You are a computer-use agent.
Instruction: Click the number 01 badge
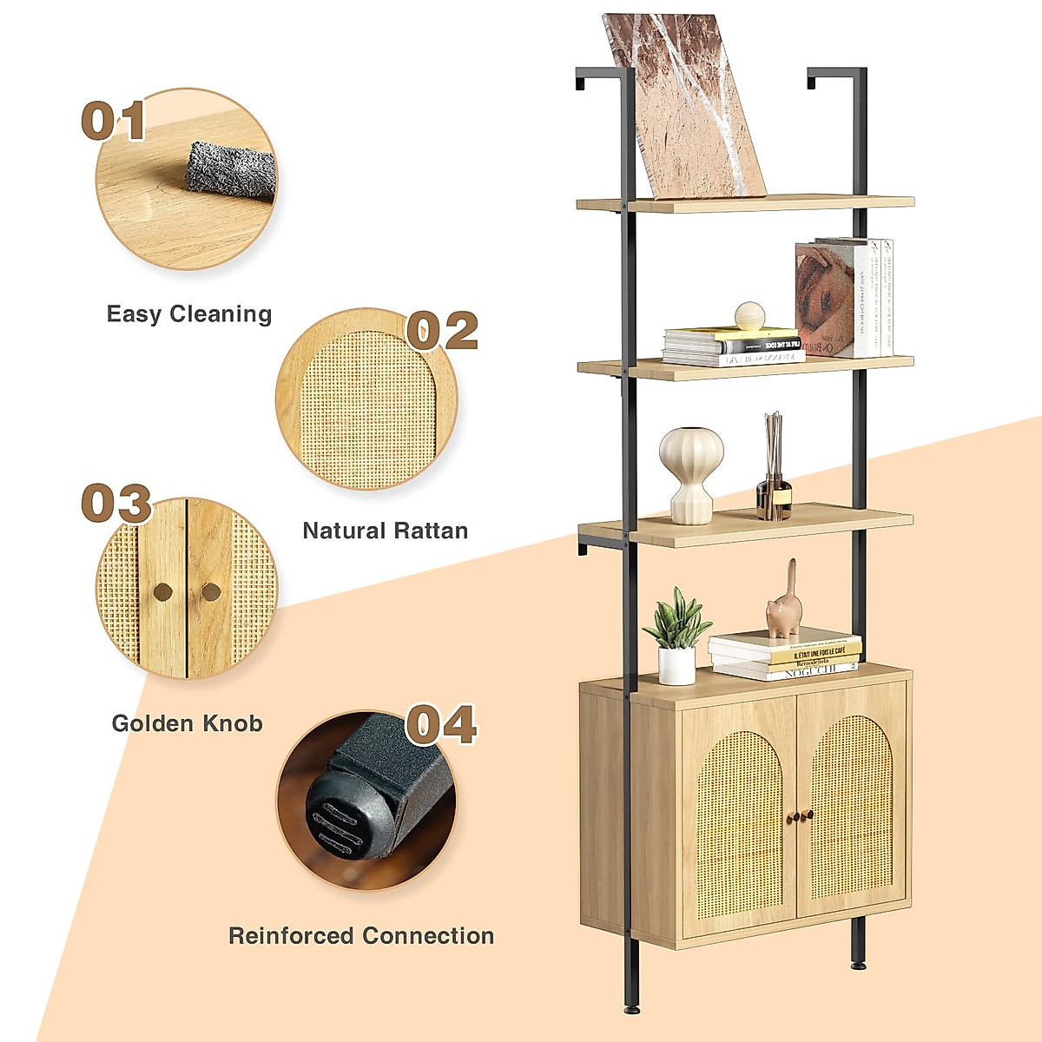pos(114,122)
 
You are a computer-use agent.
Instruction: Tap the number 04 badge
pos(441,724)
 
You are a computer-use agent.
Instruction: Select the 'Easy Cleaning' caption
pos(189,313)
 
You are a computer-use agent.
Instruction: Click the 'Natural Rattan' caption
pos(385,531)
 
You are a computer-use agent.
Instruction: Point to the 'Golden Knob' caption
pos(187,723)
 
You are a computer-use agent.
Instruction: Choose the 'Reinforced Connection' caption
pos(361,936)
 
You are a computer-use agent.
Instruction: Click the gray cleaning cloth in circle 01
pos(231,168)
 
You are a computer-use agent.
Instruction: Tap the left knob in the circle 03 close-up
pos(162,592)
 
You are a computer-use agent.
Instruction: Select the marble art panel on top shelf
pos(686,104)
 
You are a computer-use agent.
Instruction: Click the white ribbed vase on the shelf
pos(691,473)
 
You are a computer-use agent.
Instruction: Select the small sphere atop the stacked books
pos(749,315)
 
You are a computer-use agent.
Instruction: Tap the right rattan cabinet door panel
pos(852,816)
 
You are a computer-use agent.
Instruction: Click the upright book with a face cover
pos(824,300)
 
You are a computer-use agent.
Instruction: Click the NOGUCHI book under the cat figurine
pos(785,669)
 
